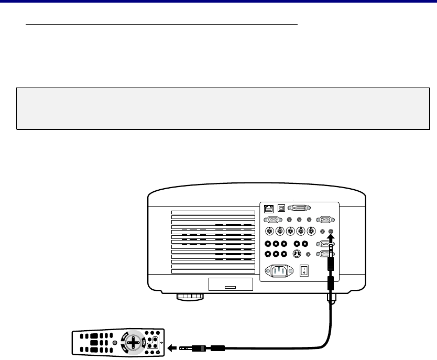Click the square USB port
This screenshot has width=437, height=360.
click(282, 208)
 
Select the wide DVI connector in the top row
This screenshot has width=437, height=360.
click(303, 208)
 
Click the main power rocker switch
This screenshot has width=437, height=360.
click(304, 271)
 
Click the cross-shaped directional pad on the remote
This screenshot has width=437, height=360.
click(135, 343)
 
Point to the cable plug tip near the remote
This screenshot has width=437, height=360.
click(183, 347)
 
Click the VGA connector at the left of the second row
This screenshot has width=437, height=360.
click(272, 220)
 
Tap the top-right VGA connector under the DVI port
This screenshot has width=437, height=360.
click(325, 220)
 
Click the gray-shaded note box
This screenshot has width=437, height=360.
click(220, 108)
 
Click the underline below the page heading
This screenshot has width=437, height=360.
click(162, 24)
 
